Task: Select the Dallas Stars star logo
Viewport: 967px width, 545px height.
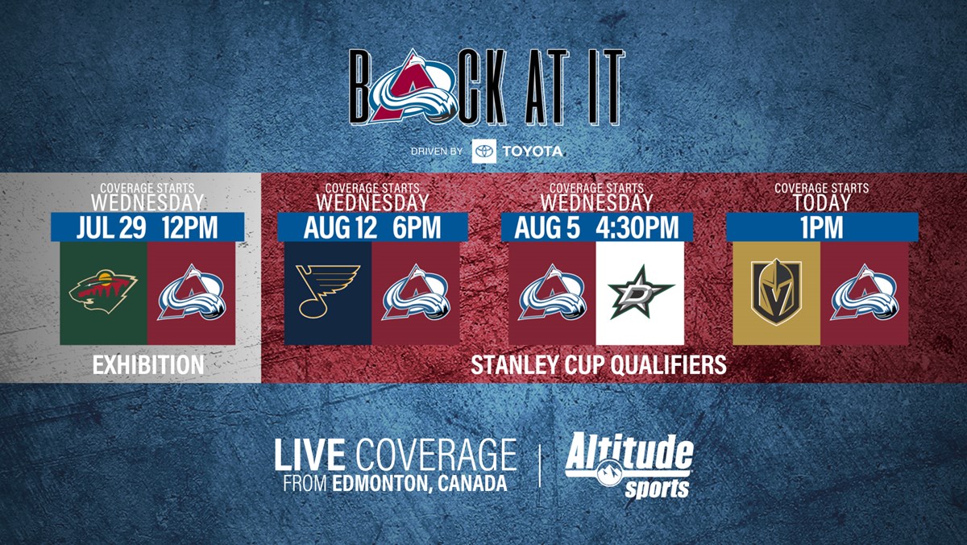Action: pos(640,292)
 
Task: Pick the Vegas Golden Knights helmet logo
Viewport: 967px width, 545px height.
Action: pos(776,292)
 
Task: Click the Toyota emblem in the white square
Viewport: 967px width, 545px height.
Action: pos(484,151)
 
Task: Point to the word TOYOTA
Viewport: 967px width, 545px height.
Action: pos(533,151)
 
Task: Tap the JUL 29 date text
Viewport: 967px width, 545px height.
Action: pos(111,227)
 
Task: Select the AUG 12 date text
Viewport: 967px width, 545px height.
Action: pos(340,227)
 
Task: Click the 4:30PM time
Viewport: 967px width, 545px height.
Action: pos(637,227)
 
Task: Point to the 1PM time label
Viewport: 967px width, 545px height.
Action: pos(822,227)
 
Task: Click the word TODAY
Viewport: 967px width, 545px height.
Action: pos(821,202)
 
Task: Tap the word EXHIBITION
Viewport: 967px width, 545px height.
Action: pos(148,365)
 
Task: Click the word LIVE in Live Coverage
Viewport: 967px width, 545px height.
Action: pos(309,455)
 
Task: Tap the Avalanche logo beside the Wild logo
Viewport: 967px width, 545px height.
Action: pos(192,292)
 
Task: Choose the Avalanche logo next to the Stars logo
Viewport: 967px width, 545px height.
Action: pos(552,292)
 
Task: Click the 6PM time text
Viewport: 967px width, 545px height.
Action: pos(417,227)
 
